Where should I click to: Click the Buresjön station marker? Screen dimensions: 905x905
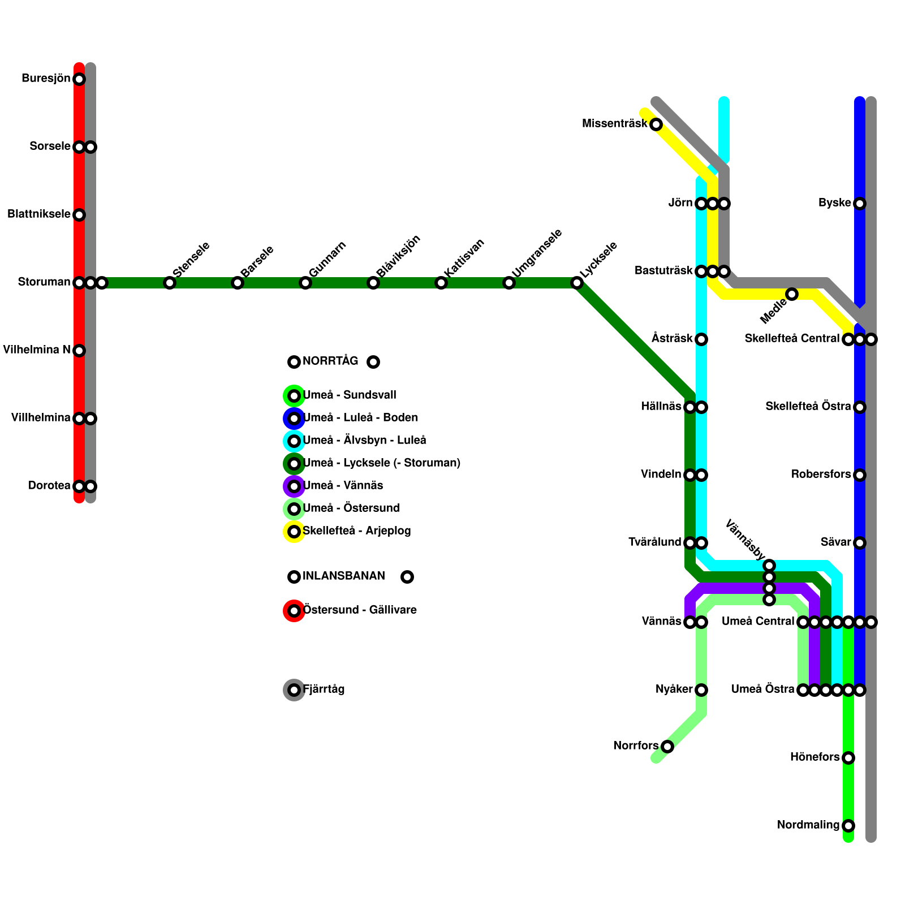(x=79, y=79)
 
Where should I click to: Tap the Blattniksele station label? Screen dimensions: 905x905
(x=39, y=214)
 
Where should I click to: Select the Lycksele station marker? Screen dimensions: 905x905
(x=577, y=283)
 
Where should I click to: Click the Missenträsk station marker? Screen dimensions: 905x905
(x=656, y=124)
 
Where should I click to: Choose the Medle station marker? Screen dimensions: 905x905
(x=792, y=294)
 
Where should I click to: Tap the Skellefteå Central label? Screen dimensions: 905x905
(x=792, y=339)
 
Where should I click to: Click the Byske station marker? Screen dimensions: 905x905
(x=860, y=204)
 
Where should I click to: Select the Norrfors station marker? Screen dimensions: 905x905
(x=667, y=747)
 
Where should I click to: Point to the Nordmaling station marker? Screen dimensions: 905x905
(x=848, y=826)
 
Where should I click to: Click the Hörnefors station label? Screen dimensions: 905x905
(x=815, y=757)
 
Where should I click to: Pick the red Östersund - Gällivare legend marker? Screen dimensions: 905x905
(x=294, y=611)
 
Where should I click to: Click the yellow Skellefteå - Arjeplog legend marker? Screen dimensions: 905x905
(x=294, y=532)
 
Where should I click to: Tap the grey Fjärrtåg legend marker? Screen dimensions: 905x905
(x=294, y=690)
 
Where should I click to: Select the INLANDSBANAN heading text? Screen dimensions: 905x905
(x=344, y=576)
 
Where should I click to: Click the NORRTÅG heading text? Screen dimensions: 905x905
(x=330, y=361)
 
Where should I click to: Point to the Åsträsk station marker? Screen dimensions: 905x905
(x=701, y=339)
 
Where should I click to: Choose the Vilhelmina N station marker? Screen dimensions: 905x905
(x=79, y=351)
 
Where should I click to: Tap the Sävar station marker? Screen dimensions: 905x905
(x=860, y=543)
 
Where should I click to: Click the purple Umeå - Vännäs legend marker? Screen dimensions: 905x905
(x=294, y=486)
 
